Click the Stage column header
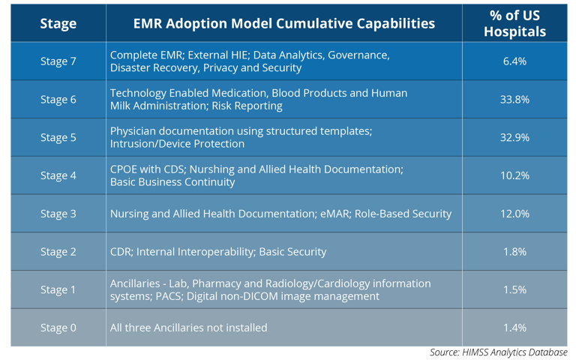pos(58,23)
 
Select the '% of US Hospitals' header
pos(514,23)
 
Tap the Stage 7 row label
pos(58,61)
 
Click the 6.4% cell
pos(514,61)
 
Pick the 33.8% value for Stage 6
pos(514,99)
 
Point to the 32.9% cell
pos(514,137)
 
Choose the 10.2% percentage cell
pos(514,175)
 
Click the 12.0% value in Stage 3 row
pos(514,214)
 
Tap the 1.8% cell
pos(514,252)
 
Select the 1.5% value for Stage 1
pos(514,289)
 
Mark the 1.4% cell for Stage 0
pos(514,328)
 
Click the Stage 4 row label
pos(58,175)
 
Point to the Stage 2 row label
pos(58,252)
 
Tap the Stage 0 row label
pos(58,328)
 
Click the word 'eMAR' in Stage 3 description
pos(336,214)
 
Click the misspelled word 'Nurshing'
pos(212,169)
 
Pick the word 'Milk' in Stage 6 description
pos(118,106)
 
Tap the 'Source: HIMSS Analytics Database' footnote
pos(499,352)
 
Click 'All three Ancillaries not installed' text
pos(188,328)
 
